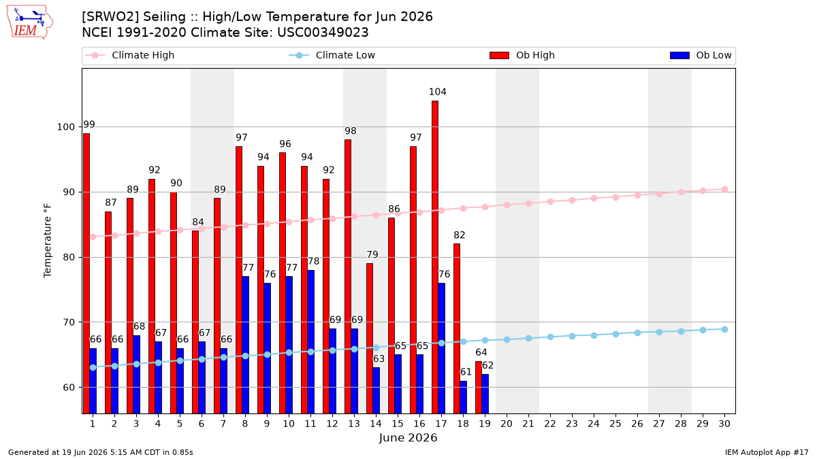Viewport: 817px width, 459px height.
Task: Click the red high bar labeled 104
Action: coord(435,257)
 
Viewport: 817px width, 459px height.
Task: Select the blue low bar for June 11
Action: coord(310,342)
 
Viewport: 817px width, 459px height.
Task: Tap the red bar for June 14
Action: coord(370,339)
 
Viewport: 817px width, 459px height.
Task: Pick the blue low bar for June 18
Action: coord(463,397)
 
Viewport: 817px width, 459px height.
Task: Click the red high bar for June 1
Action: coord(86,273)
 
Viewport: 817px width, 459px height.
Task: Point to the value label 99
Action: coord(89,124)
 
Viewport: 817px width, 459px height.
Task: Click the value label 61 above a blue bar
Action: coord(466,372)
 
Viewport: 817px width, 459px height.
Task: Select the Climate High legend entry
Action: coord(130,55)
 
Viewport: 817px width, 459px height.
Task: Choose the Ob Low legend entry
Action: coord(701,55)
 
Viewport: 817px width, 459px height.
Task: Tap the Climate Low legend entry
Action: coord(332,55)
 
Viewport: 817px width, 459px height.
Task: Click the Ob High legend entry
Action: coord(522,55)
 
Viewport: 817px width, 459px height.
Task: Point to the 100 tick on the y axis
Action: coord(65,127)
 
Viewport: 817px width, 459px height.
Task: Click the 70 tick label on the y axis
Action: coord(69,322)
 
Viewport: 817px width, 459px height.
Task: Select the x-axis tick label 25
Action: coord(615,424)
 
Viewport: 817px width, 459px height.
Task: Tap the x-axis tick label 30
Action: coord(724,424)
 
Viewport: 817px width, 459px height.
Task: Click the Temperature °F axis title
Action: coord(48,241)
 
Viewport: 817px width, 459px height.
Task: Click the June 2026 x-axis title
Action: coord(408,438)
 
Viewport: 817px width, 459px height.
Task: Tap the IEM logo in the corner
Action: coord(29,22)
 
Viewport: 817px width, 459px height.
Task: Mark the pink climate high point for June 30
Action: coord(724,190)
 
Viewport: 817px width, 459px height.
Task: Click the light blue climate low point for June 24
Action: coord(594,335)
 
